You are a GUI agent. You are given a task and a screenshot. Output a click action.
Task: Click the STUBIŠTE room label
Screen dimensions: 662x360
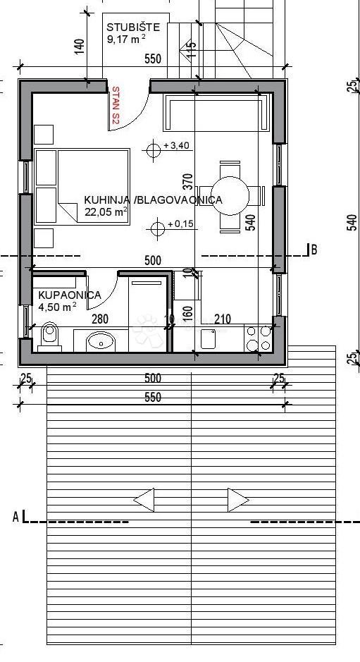(133, 27)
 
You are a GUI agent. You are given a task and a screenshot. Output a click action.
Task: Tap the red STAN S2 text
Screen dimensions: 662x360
(116, 106)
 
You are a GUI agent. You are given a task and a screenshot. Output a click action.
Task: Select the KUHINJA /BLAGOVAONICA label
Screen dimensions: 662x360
(153, 200)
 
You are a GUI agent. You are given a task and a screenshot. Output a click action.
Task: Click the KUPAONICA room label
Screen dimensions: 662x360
(69, 295)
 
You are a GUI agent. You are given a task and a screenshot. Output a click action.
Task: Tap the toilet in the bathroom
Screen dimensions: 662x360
(49, 336)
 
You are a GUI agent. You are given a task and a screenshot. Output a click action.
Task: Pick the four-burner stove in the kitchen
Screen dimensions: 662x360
(258, 337)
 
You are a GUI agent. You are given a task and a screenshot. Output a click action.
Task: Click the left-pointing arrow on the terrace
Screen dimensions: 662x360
(144, 501)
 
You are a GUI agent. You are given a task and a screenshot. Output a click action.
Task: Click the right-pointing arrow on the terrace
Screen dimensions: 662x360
(238, 501)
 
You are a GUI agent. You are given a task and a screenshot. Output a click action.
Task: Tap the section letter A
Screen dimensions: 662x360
(15, 517)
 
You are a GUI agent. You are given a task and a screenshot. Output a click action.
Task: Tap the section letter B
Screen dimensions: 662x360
(314, 249)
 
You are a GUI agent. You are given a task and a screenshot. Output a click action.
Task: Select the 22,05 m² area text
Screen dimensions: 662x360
(106, 211)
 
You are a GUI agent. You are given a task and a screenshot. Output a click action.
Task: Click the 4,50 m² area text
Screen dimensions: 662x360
(57, 307)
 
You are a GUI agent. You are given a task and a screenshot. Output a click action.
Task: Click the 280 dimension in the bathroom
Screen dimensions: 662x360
(100, 319)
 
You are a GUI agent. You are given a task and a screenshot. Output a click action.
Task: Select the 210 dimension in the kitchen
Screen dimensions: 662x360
(222, 319)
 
